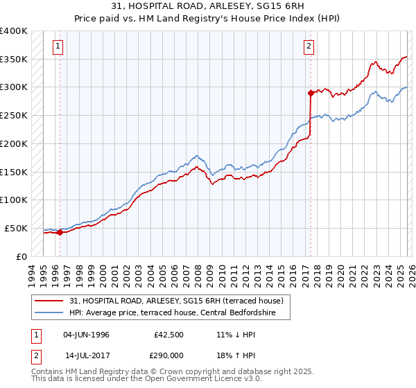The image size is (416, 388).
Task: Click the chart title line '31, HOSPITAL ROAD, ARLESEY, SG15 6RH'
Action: [x=207, y=6]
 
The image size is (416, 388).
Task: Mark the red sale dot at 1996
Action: [x=60, y=233]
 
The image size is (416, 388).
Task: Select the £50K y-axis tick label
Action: [x=16, y=228]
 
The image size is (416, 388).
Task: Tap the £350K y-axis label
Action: [x=14, y=59]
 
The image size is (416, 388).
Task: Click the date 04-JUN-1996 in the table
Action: [x=86, y=335]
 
